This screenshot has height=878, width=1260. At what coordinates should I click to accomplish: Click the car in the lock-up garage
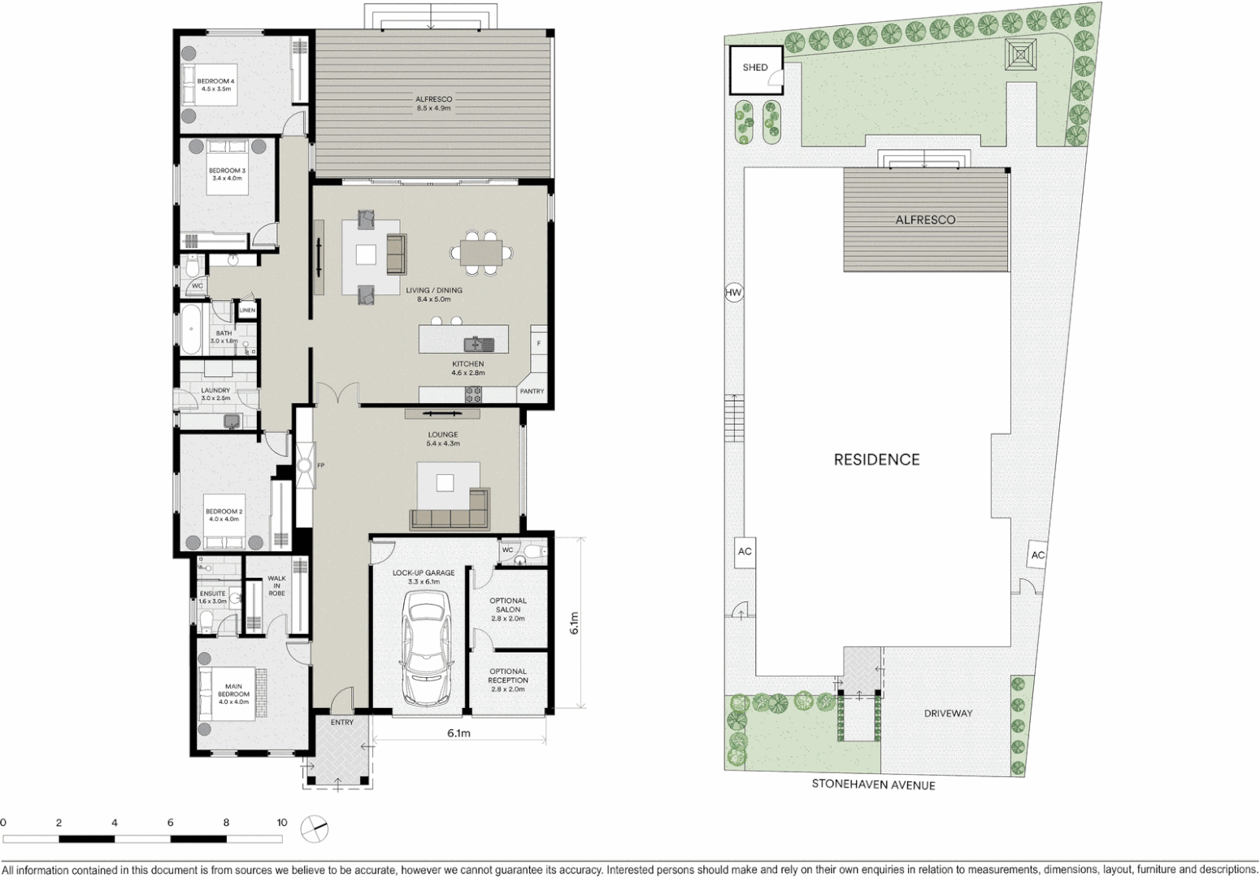click(425, 648)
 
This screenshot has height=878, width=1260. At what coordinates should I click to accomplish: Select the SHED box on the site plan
click(755, 68)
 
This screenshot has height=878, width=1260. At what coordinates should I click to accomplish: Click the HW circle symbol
click(734, 293)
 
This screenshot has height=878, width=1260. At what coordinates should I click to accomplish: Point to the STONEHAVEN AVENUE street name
click(873, 785)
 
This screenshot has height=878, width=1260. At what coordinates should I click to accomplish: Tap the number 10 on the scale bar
click(281, 823)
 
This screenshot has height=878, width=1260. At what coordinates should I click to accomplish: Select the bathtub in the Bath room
click(191, 329)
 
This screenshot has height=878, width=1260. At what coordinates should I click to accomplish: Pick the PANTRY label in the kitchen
click(532, 392)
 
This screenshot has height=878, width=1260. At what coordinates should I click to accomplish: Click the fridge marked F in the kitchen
click(538, 344)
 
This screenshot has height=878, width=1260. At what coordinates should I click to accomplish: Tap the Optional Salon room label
click(508, 609)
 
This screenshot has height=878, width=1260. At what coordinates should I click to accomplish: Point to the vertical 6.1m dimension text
click(574, 623)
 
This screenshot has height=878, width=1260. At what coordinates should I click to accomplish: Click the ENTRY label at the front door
click(341, 722)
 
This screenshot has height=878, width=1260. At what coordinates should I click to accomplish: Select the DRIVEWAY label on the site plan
click(948, 714)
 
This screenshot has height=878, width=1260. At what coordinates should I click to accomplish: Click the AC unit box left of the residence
click(745, 552)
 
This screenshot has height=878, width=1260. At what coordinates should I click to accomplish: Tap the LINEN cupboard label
click(247, 311)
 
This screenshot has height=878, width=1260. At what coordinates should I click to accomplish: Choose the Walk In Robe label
click(276, 585)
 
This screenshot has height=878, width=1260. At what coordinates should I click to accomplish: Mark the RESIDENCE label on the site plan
click(876, 460)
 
